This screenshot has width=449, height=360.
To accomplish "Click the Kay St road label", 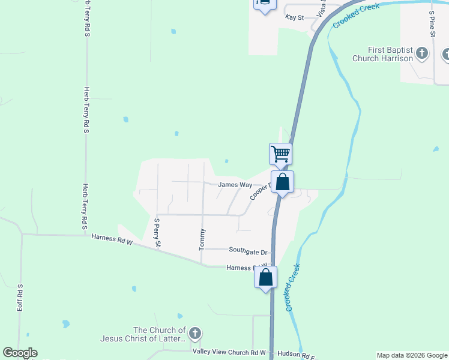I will [x=295, y=18].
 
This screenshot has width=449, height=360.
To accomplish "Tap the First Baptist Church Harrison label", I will [x=391, y=54].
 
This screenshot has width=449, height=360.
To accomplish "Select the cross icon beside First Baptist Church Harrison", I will [x=422, y=54].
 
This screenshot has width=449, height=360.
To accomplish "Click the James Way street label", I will [x=235, y=185].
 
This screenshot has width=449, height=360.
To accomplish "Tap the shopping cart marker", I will [x=280, y=154].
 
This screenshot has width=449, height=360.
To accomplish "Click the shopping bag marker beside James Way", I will [x=283, y=182].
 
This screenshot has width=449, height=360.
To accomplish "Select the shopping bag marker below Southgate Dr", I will [x=265, y=278].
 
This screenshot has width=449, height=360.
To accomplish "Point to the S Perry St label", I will [x=157, y=233].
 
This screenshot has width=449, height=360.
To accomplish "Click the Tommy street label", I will [x=202, y=239].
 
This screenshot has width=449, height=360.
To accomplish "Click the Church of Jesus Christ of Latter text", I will [x=159, y=334].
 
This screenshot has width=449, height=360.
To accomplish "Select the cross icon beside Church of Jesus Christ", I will [x=194, y=334].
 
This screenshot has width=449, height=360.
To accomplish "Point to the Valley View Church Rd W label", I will [x=229, y=352].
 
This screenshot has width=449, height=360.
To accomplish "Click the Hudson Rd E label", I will [x=295, y=356].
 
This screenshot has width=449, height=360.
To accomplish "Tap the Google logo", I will [x=20, y=353].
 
